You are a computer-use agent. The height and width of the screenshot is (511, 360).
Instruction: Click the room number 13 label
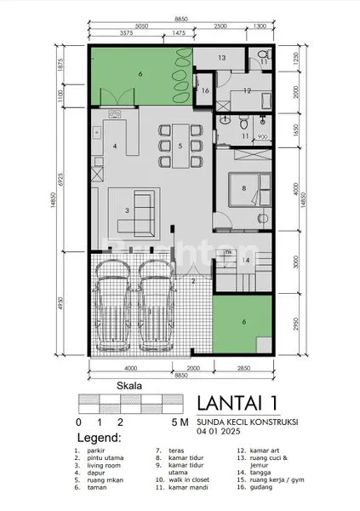tap(220, 58)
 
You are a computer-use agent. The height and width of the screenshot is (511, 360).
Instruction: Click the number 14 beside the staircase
tap(245, 260)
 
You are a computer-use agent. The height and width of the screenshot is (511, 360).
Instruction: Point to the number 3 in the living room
tap(126, 210)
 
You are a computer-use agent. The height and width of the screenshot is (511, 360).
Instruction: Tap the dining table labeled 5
tap(180, 146)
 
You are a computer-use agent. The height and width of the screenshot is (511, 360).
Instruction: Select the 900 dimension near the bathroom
tap(262, 136)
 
